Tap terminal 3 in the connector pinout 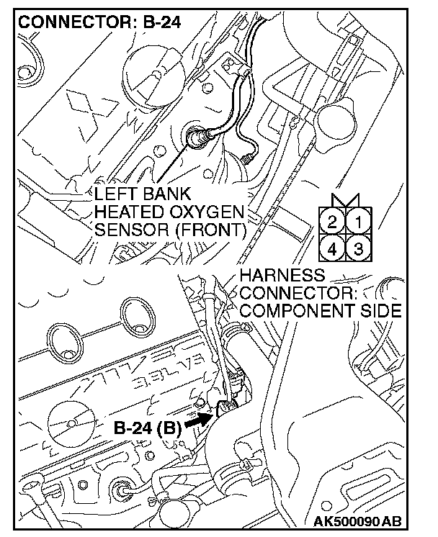click(x=356, y=249)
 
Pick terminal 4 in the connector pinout click(x=333, y=249)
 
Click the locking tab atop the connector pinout click(x=344, y=201)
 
